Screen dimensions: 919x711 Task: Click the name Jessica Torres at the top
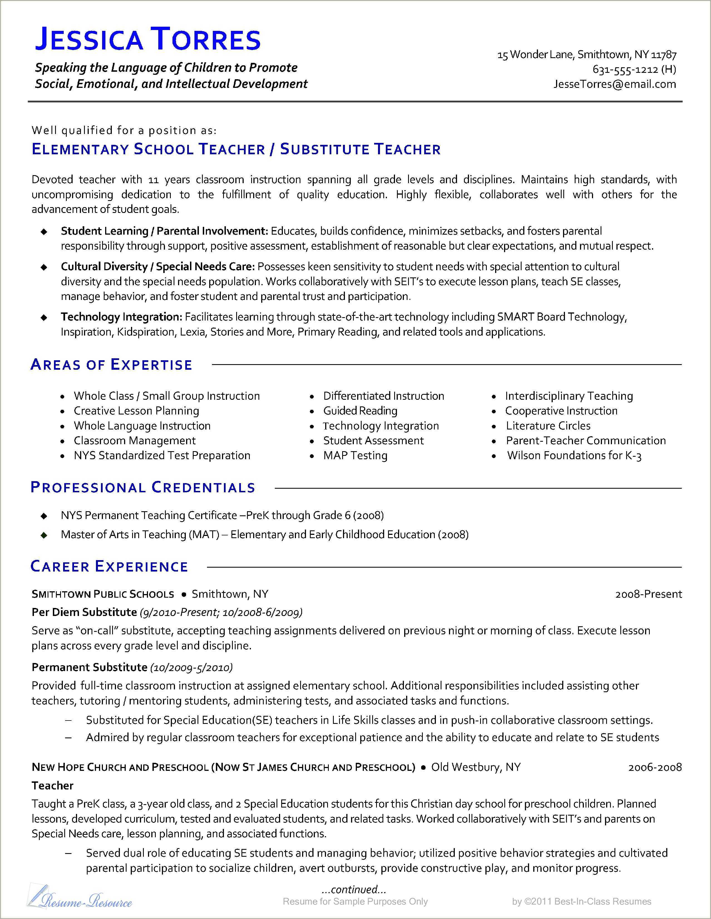(x=148, y=39)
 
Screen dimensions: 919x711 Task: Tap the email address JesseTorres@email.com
(x=614, y=84)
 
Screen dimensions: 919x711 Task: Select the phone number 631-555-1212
(x=625, y=69)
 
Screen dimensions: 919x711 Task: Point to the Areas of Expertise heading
(x=112, y=364)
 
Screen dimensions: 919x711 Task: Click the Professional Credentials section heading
(x=143, y=487)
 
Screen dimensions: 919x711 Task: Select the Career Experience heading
(x=109, y=566)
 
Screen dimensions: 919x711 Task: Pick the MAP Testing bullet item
(x=355, y=455)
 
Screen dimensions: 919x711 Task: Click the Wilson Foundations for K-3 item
(x=574, y=455)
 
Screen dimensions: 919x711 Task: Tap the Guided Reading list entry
(x=360, y=411)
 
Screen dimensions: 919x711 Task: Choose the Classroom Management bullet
(x=135, y=441)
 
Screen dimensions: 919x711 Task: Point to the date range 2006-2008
(x=655, y=767)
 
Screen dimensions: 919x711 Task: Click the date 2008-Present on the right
(x=648, y=594)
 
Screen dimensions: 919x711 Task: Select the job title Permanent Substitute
(x=89, y=667)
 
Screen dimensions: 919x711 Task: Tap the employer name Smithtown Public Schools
(x=103, y=594)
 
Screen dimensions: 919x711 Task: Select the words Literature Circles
(x=548, y=426)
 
